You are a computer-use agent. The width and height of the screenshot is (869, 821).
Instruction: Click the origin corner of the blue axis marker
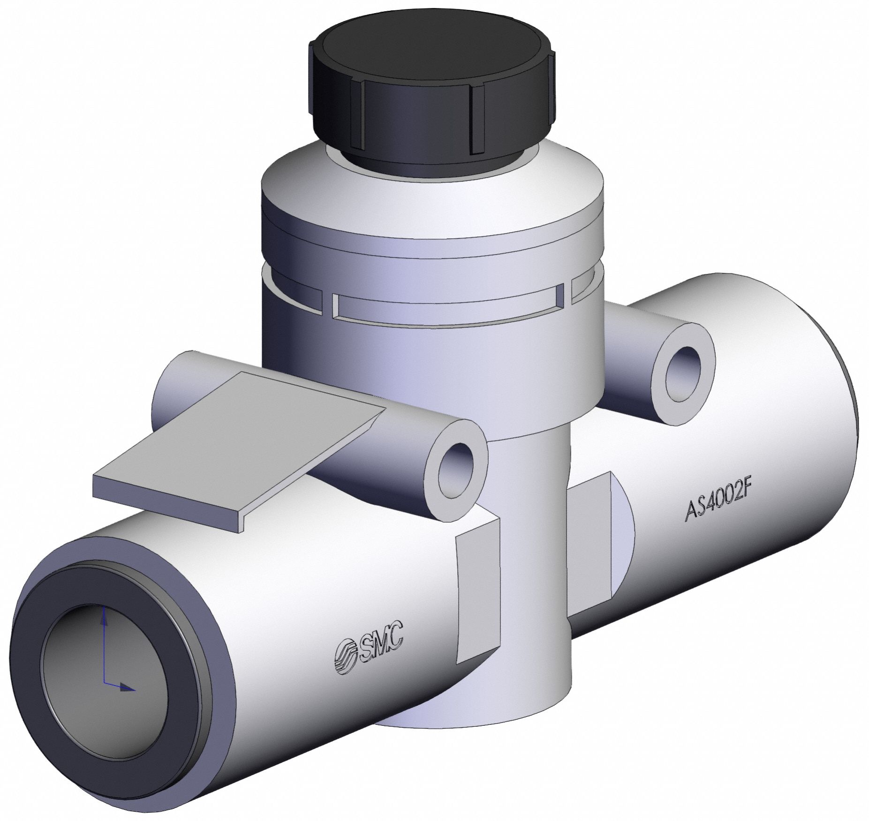pyautogui.click(x=104, y=686)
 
